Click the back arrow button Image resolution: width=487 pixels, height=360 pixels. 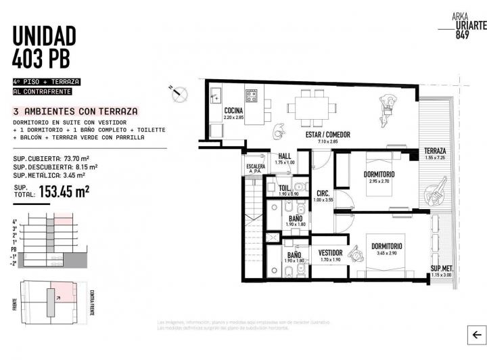[476, 334]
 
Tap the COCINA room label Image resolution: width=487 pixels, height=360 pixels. [234, 110]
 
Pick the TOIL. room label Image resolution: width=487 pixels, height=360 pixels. [285, 187]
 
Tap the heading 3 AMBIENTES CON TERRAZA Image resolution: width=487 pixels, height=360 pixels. [76, 111]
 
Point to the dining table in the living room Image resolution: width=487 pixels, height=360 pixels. [310, 107]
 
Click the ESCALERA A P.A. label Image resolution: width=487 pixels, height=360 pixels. [255, 168]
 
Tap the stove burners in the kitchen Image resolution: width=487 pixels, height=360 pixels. [251, 95]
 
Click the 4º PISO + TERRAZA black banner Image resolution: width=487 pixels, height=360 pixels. [46, 81]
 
